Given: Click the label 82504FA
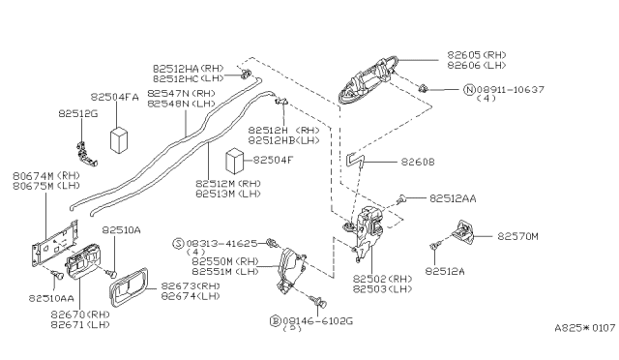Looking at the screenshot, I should point(115,97).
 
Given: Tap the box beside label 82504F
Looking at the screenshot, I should point(234,160).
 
